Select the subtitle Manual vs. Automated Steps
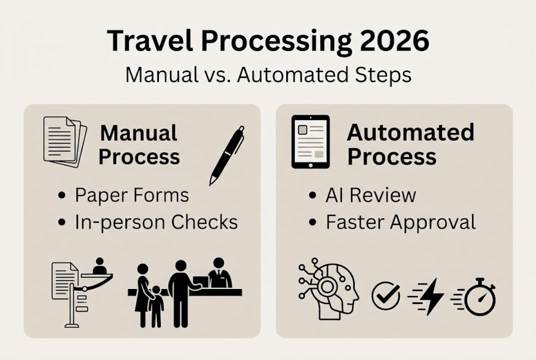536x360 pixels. (x=268, y=74)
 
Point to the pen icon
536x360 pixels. (x=227, y=154)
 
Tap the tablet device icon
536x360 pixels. (x=310, y=141)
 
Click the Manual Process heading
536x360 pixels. (x=139, y=145)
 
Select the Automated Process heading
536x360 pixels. (x=410, y=144)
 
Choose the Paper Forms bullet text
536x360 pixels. (x=132, y=195)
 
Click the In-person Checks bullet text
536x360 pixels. (x=156, y=222)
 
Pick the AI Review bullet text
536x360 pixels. (x=371, y=195)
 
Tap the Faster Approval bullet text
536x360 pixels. (x=401, y=222)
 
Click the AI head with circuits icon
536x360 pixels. (x=328, y=288)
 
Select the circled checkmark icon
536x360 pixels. (x=386, y=296)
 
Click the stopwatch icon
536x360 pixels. (x=478, y=297)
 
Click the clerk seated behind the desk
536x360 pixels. (x=219, y=274)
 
